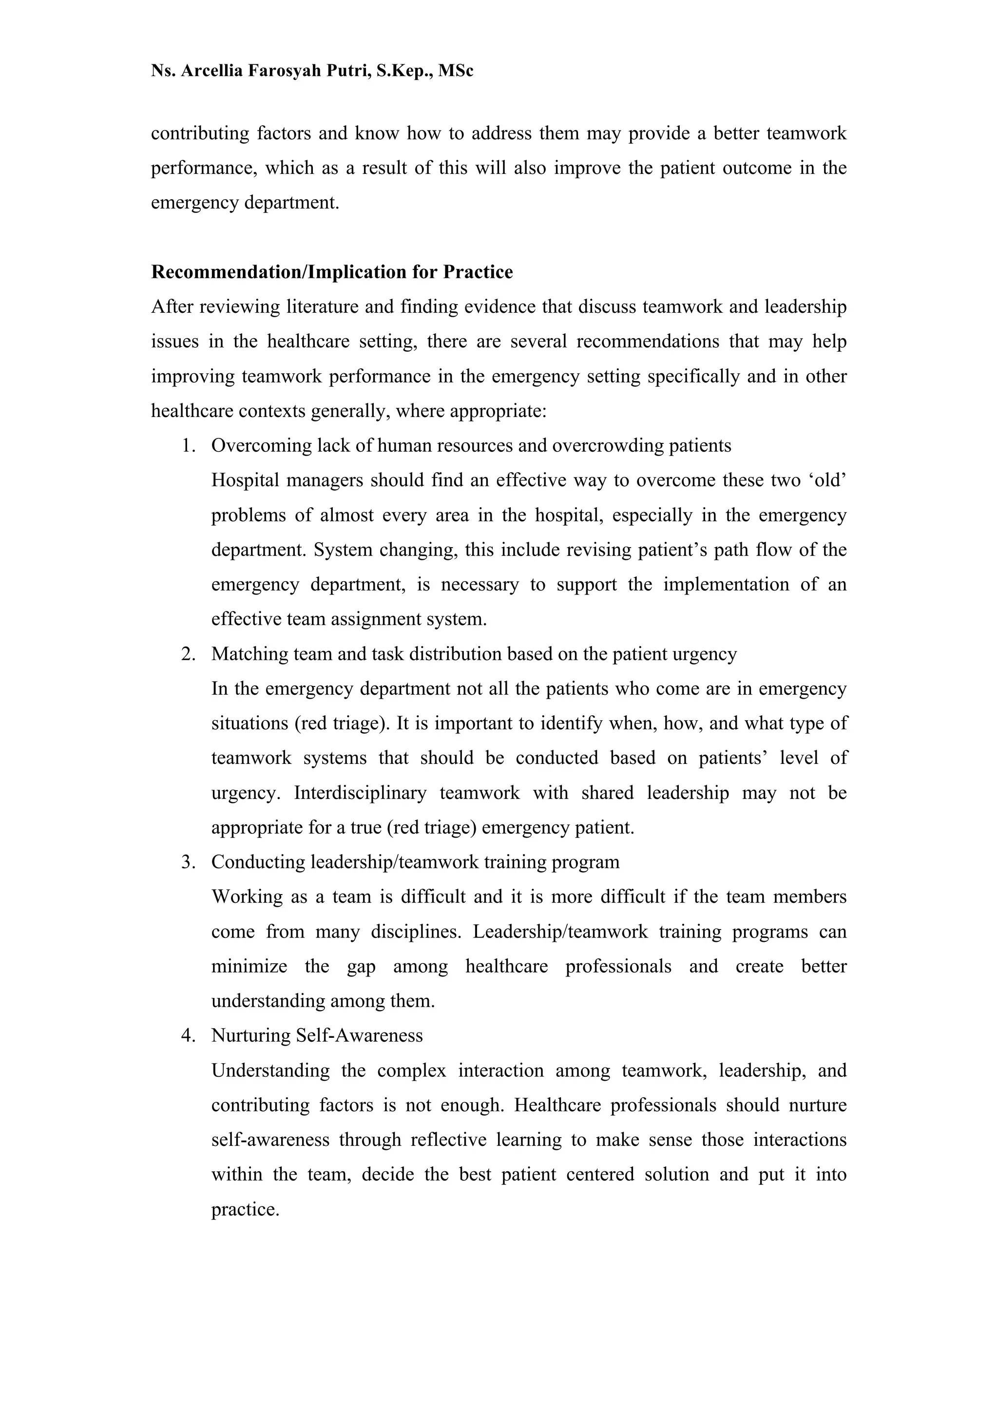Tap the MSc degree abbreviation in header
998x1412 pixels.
(456, 71)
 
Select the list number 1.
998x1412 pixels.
(188, 445)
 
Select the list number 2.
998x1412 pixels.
(188, 654)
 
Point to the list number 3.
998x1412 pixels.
(188, 862)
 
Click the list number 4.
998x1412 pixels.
(188, 1036)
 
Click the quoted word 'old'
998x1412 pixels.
(827, 480)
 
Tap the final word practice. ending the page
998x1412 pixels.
(245, 1210)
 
